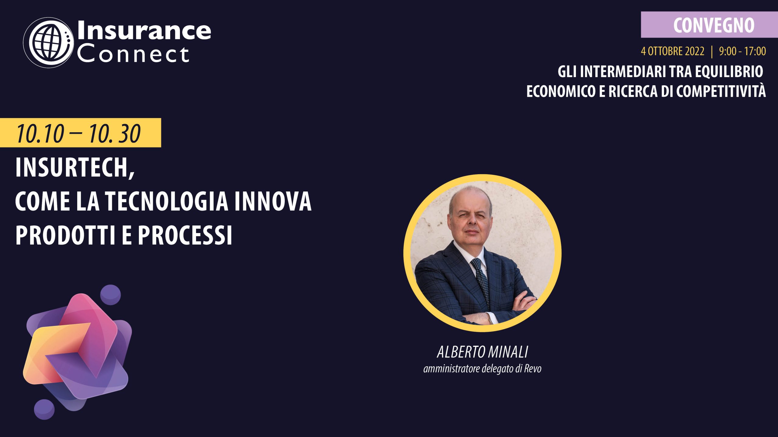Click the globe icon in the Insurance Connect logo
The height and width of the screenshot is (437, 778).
49,42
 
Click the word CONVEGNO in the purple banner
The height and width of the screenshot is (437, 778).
714,25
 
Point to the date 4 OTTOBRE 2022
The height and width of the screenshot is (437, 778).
673,51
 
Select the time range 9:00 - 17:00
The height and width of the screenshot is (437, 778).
742,51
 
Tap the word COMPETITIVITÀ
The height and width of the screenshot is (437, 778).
721,91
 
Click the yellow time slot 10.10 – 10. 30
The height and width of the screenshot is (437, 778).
78,133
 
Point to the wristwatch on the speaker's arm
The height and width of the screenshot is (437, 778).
490,319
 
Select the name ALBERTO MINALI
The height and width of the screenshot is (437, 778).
483,352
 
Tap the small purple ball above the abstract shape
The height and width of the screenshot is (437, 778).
111,295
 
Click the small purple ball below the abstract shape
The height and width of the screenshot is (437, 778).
44,409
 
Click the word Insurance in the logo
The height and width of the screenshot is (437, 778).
144,31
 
